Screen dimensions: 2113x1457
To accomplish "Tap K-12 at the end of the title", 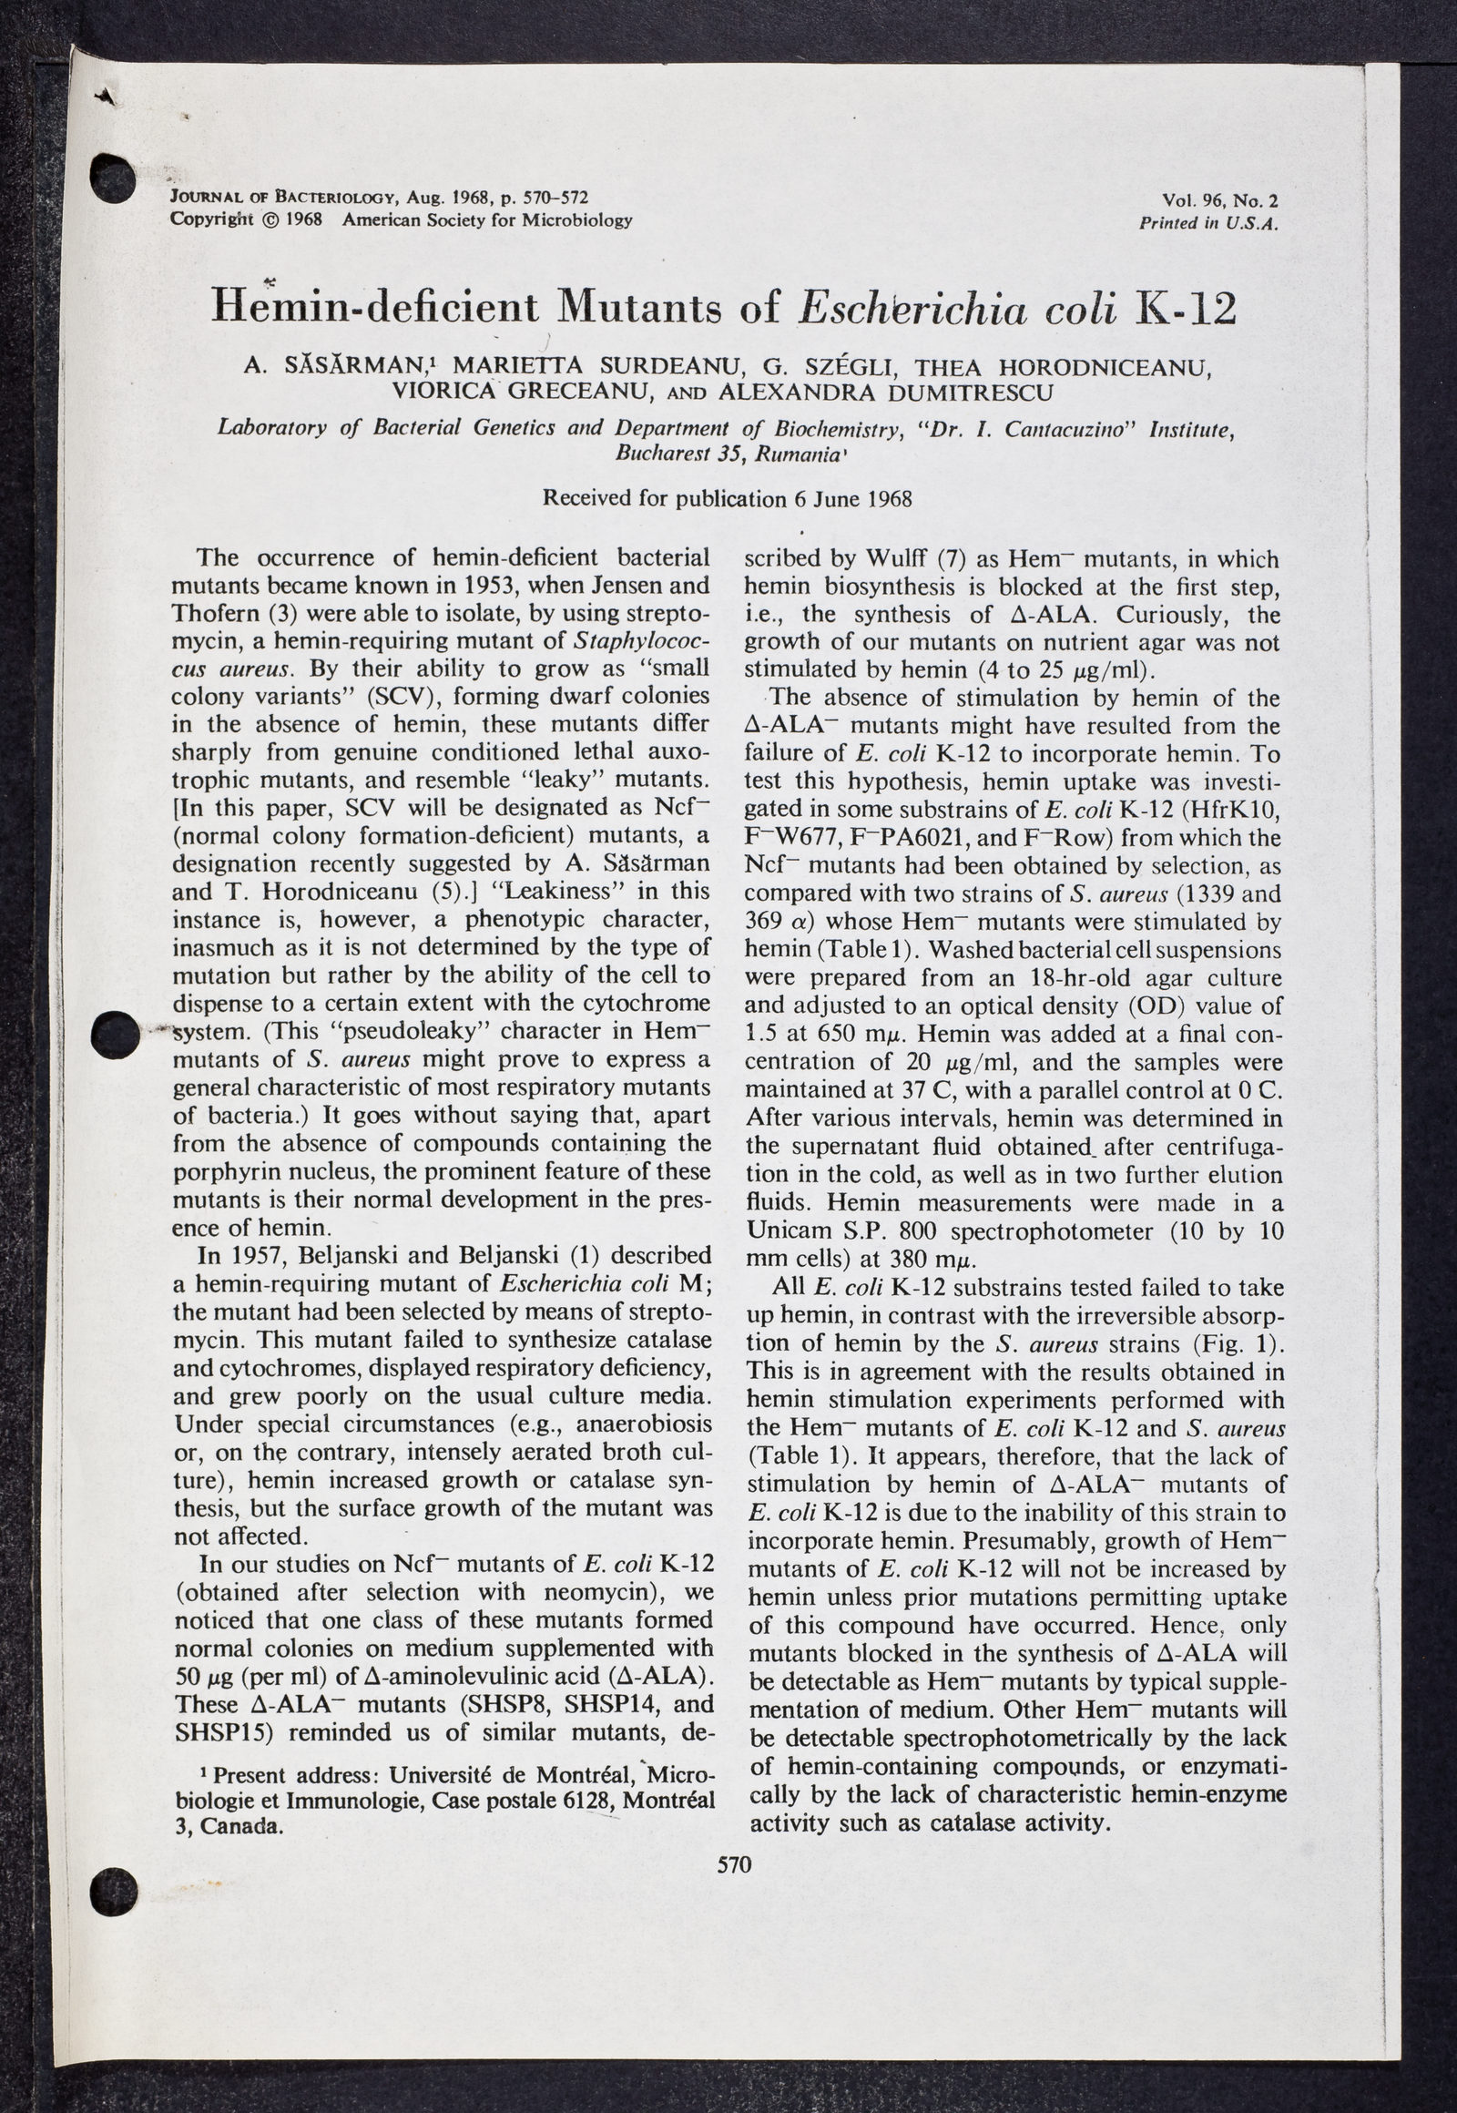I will click(1183, 308).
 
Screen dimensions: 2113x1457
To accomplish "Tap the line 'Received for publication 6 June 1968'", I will click(728, 498).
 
